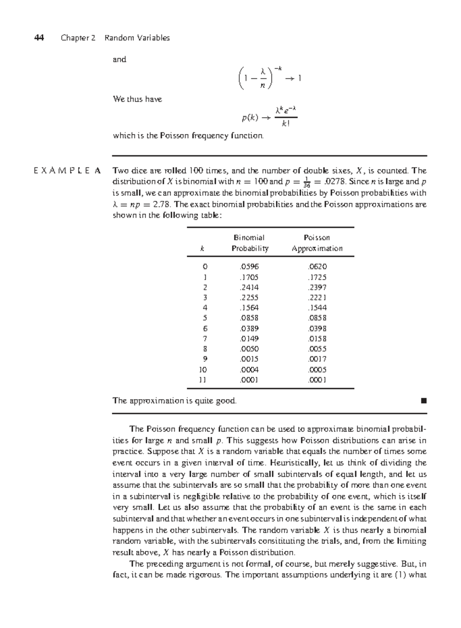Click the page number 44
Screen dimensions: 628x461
tap(39, 38)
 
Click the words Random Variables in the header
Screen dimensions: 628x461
tap(137, 38)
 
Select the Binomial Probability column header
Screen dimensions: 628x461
tap(250, 243)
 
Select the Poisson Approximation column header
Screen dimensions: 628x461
tap(317, 243)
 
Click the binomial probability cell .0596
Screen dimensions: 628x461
tap(249, 266)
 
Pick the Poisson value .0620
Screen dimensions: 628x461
tap(317, 266)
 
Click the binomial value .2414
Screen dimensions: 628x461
tap(249, 287)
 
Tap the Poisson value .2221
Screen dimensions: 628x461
tap(317, 297)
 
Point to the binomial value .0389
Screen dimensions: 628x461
tap(249, 329)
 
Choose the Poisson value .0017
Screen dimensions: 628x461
tap(317, 359)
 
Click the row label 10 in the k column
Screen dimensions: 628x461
tap(202, 370)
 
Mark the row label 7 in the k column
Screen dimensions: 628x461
tap(205, 339)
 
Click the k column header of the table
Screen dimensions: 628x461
tap(202, 249)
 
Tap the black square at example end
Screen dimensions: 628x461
tap(424, 401)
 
